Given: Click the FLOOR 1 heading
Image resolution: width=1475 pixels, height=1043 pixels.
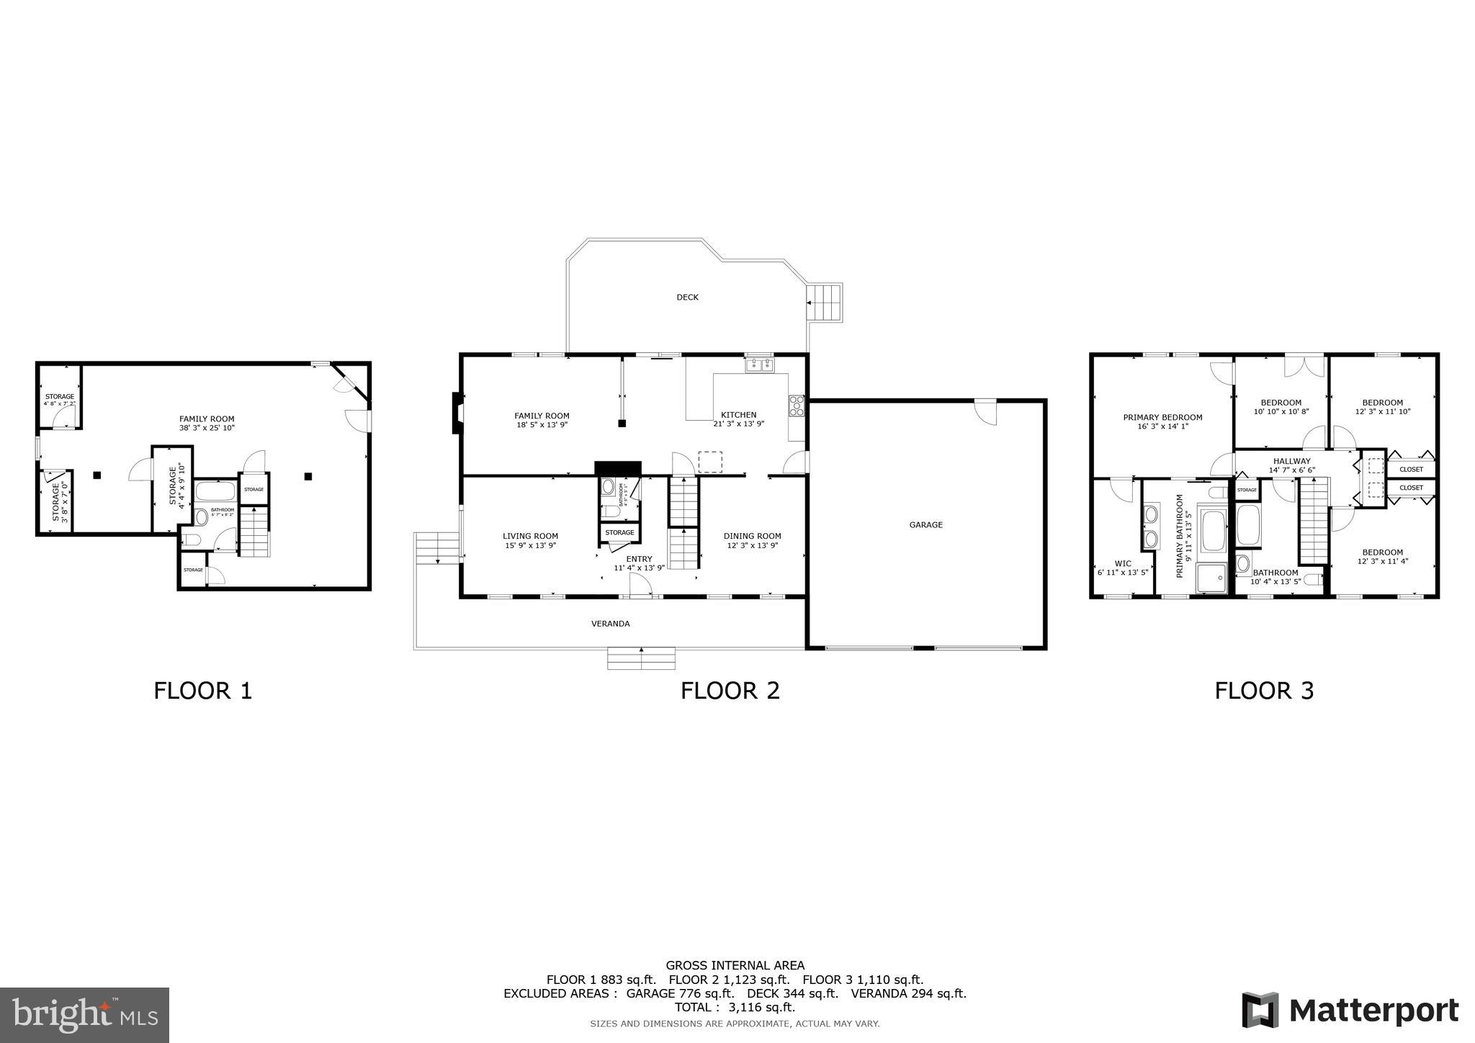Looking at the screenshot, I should click(x=203, y=691).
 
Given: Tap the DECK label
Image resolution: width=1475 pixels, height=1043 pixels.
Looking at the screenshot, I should click(x=687, y=297).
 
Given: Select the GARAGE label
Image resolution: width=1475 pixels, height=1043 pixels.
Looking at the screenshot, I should click(x=925, y=525).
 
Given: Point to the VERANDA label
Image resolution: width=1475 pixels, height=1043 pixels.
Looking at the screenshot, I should click(x=610, y=624).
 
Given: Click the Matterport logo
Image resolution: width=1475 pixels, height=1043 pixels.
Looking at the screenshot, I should click(x=1350, y=1010).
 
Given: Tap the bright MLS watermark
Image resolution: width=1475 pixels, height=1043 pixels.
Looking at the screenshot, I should click(x=85, y=1015).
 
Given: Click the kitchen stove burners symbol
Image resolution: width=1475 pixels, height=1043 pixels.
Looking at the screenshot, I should click(x=797, y=407).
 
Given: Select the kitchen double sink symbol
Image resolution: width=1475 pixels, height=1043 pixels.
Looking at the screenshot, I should click(x=759, y=366).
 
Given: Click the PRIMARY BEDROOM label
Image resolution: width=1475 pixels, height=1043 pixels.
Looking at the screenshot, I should click(x=1162, y=417).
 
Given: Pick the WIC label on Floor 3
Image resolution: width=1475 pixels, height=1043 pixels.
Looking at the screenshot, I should click(x=1122, y=563).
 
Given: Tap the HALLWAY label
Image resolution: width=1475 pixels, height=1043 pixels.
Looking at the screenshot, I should click(x=1291, y=461).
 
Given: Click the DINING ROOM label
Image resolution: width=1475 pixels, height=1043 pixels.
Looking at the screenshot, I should click(x=752, y=536).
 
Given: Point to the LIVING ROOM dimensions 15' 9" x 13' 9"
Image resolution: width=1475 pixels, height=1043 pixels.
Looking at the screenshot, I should click(x=530, y=546).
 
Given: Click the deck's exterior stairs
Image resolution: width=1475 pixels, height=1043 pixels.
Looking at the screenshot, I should click(x=824, y=303).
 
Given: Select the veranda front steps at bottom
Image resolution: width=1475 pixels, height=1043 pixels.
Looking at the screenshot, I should click(x=641, y=658).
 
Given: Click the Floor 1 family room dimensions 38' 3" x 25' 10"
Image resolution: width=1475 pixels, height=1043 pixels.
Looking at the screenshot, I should click(x=207, y=428).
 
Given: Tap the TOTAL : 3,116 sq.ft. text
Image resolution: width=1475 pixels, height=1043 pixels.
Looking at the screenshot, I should click(x=735, y=1007).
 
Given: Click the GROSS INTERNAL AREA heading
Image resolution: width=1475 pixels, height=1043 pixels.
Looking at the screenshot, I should click(x=735, y=965).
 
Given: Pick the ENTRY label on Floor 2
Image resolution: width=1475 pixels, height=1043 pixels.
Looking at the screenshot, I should click(x=639, y=559).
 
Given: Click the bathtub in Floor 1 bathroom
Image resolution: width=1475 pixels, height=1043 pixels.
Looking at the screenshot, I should click(x=215, y=492).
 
